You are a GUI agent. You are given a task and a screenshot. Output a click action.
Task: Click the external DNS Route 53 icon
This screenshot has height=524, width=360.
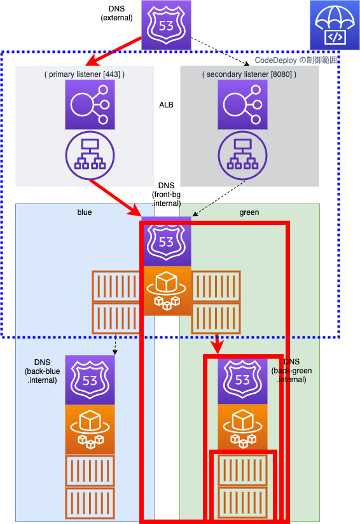[166, 25]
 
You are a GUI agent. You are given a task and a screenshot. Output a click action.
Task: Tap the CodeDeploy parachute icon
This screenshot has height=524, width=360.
[335, 25]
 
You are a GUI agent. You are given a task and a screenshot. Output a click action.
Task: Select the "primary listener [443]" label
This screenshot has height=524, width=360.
[85, 74]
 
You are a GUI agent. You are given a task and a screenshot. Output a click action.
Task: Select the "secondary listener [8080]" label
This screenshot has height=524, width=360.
[249, 74]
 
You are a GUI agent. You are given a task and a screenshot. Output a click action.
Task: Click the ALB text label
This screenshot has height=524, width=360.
[166, 105]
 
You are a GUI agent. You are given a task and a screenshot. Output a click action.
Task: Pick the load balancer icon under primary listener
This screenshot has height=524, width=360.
[90, 104]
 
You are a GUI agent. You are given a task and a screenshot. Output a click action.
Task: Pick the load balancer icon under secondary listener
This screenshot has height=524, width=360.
[242, 104]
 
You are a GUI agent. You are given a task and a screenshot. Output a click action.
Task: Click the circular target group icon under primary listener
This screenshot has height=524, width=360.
[90, 155]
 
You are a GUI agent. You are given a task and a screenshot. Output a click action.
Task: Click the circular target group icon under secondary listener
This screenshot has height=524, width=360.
[242, 155]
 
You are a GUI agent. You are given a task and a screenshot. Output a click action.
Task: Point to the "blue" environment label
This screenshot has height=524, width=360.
[85, 212]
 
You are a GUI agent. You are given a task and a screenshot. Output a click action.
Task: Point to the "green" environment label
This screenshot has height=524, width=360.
[249, 212]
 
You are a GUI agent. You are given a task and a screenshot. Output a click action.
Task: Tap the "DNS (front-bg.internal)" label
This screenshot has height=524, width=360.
[166, 195]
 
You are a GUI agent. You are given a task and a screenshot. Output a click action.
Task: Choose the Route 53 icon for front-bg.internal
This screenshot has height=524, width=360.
[166, 241]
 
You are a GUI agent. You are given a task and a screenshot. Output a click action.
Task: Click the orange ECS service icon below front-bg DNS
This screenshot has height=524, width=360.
[167, 291]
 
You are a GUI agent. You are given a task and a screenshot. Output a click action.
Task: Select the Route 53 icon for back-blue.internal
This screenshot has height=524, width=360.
[90, 380]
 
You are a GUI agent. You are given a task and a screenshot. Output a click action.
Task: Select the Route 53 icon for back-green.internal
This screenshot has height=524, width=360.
[242, 380]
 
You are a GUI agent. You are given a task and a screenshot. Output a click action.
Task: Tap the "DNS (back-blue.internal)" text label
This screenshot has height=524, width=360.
[42, 371]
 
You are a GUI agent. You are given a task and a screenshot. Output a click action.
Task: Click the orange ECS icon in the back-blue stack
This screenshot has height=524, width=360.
[90, 430]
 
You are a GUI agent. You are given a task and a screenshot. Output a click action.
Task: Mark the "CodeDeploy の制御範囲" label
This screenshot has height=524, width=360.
[296, 60]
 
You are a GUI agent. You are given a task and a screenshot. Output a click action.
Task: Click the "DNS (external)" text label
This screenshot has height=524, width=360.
[116, 13]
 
